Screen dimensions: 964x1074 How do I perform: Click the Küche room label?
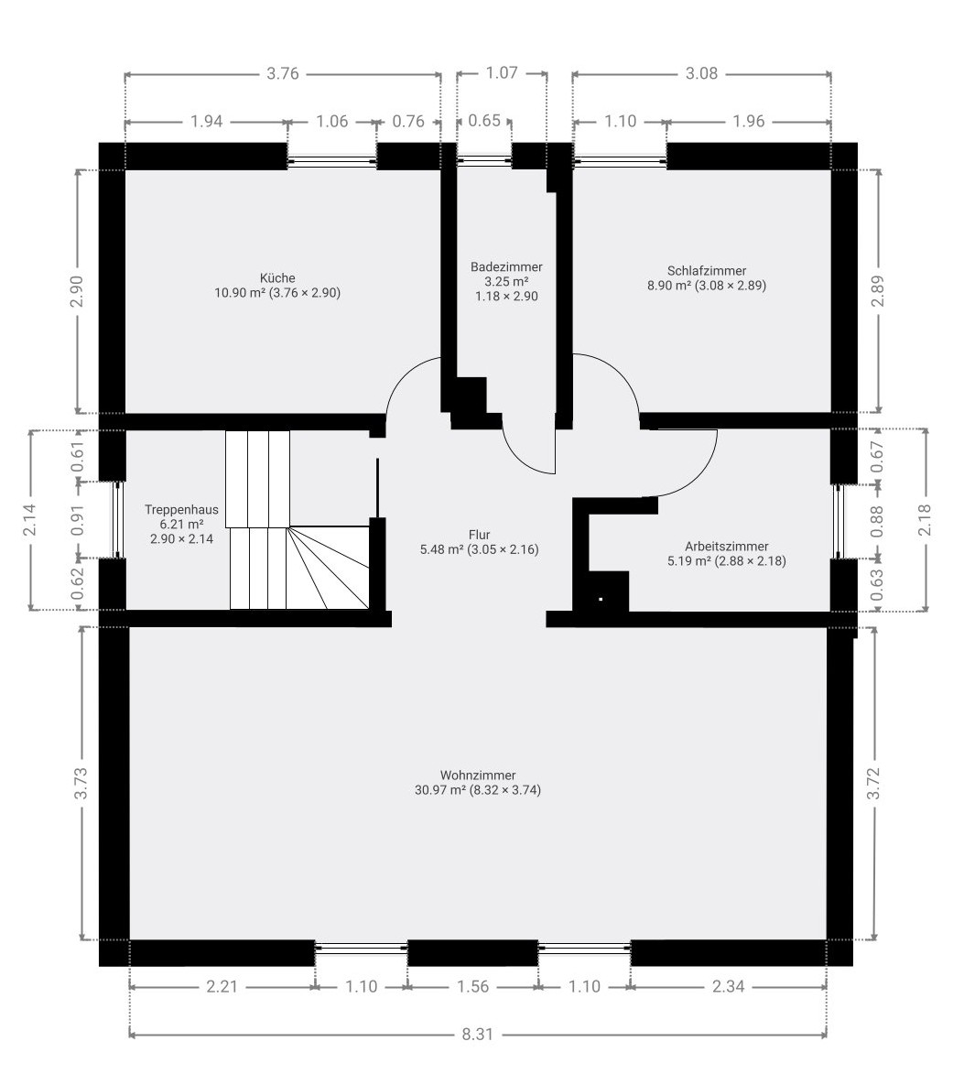(277, 278)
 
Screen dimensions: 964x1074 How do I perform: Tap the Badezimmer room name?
(506, 267)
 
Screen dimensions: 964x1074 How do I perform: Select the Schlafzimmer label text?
(707, 271)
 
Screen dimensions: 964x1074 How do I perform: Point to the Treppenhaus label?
(181, 510)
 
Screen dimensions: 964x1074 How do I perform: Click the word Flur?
(480, 535)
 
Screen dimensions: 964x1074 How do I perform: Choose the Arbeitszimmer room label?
(726, 547)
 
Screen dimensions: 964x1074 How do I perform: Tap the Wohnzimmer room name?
(478, 776)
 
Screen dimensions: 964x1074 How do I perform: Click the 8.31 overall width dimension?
(477, 1035)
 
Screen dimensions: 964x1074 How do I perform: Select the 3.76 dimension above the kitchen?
(283, 73)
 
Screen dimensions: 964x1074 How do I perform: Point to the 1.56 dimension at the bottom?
(472, 986)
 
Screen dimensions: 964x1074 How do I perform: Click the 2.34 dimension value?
(728, 986)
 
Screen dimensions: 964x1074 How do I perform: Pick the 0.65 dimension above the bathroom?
(484, 121)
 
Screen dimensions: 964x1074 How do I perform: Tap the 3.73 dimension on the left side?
(81, 783)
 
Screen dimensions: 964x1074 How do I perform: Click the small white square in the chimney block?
(601, 600)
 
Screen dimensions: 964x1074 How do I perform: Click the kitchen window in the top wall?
(332, 162)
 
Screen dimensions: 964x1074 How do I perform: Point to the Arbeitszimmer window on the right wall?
(838, 521)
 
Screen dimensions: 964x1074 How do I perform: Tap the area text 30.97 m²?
(440, 790)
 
